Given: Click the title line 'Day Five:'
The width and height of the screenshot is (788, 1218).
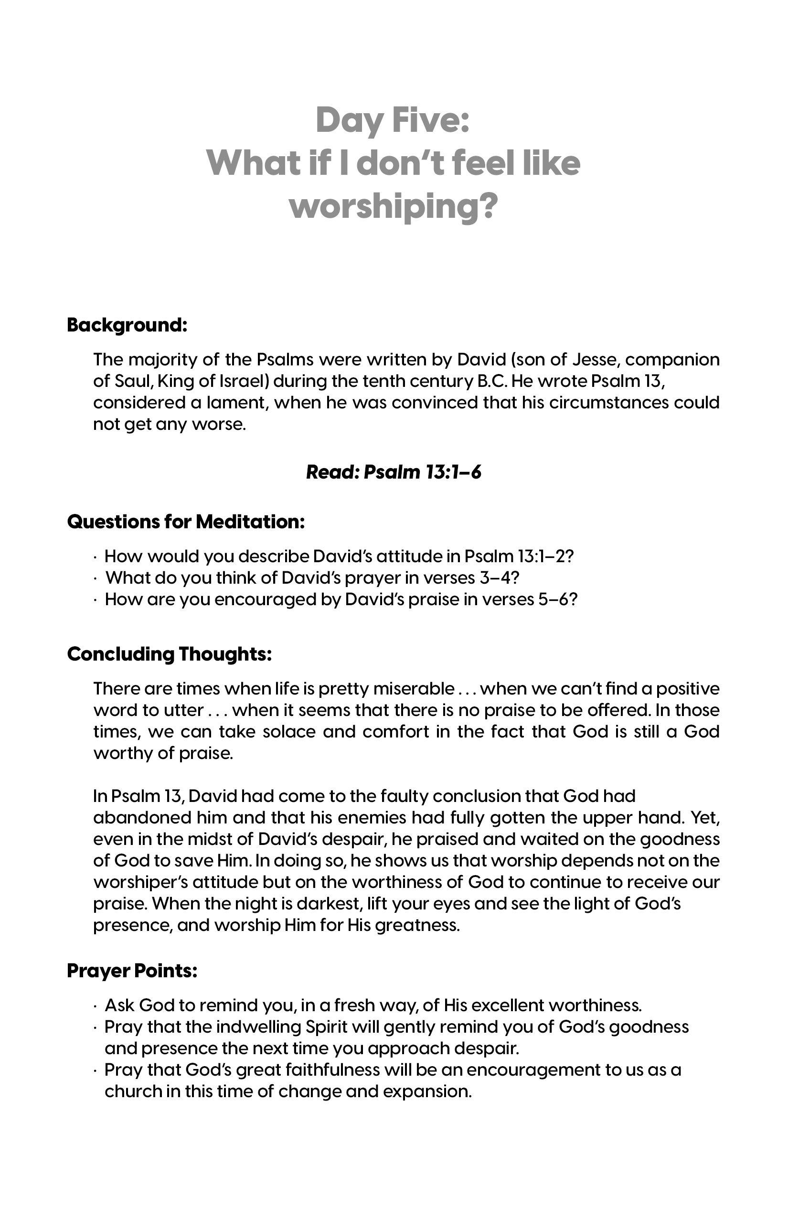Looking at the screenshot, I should pos(393,120).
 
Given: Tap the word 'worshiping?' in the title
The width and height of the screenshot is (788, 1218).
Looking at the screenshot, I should pos(393,207).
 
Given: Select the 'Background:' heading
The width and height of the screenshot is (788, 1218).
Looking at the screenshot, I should pos(127,325).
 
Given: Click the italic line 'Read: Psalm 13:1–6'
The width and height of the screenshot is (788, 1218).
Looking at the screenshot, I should pos(394,472).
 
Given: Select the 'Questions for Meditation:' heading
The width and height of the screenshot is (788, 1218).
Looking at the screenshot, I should pos(186,522).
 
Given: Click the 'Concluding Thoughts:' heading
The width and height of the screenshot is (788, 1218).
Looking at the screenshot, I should pos(169,653).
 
